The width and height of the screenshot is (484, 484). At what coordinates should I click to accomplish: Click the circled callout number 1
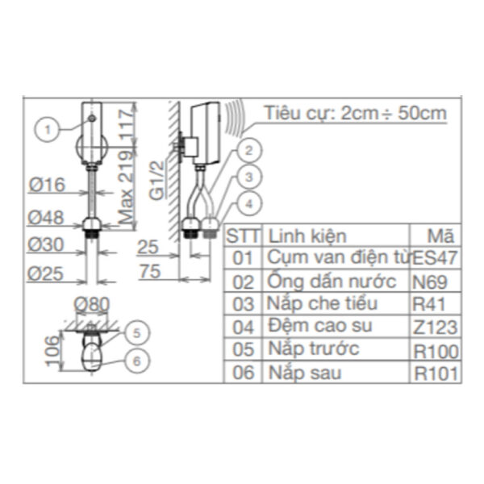click(x=47, y=129)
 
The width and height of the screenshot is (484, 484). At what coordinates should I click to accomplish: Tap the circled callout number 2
click(x=248, y=150)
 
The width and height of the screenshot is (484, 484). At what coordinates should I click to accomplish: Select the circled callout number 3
click(x=248, y=177)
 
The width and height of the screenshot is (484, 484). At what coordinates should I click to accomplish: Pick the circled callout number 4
click(x=248, y=204)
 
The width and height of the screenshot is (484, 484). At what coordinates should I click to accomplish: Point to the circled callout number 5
click(x=136, y=332)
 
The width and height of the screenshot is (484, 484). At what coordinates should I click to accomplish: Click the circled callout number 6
click(x=136, y=361)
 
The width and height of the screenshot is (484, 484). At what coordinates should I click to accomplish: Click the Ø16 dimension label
click(x=47, y=185)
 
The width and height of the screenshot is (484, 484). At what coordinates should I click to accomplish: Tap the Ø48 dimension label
click(x=46, y=218)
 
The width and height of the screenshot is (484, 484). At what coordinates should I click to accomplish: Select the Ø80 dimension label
click(x=92, y=304)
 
